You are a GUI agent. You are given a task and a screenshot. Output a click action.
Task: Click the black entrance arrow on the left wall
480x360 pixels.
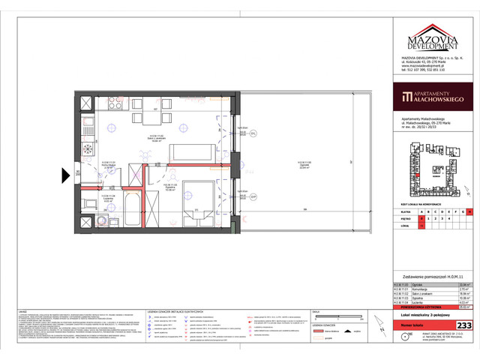coord(67,175)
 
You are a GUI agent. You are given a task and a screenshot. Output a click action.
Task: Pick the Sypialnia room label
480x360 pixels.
coord(170,187)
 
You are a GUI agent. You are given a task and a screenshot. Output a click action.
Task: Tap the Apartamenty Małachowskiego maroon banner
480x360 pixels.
coord(435,97)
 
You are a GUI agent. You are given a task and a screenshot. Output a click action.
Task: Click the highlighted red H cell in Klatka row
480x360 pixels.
coord(469,211)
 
